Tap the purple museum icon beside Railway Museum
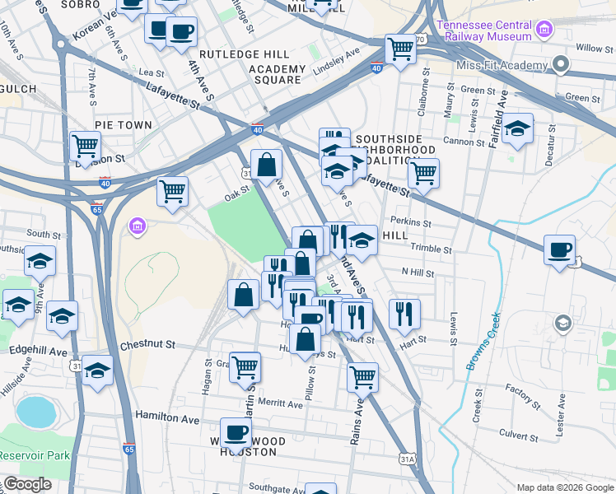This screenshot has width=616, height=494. (544, 31)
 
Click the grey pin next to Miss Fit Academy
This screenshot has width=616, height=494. (562, 63)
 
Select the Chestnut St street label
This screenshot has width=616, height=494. (148, 346)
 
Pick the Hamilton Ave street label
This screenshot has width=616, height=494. (167, 417)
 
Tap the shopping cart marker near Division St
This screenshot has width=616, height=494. (85, 147)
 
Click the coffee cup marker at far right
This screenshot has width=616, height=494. (560, 249)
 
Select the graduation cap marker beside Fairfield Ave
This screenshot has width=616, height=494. (517, 129)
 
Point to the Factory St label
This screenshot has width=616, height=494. (521, 388)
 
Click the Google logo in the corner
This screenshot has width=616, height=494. (26, 485)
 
